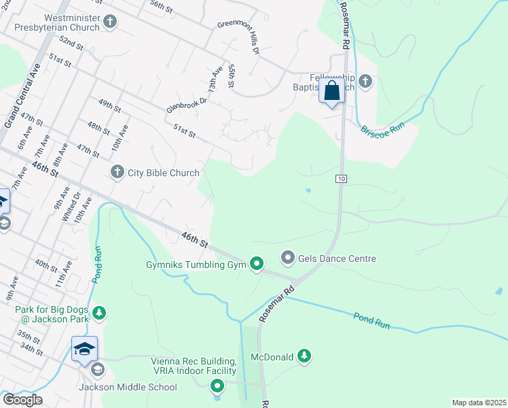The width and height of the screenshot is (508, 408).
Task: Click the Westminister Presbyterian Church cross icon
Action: pos(110,23)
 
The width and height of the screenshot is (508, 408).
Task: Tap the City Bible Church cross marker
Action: pos(117,172)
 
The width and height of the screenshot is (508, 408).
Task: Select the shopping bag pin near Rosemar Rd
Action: pos(332,91)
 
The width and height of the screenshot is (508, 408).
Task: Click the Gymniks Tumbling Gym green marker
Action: pos(256,264)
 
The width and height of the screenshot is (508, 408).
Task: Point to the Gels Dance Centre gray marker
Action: pos(287,258)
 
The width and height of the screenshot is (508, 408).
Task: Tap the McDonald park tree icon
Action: pos(305,356)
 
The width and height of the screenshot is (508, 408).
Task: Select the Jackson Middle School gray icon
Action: pos(96,370)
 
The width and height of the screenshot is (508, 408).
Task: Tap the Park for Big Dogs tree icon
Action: pos(100,313)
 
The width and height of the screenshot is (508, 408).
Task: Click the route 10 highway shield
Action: pos(341,178)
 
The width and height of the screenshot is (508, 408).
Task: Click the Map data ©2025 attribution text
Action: pos(478,403)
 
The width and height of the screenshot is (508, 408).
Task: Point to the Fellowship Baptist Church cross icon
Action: pos(365,82)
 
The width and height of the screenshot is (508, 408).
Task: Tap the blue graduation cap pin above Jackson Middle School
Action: pos(85,349)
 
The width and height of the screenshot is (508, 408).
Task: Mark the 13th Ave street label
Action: pos(215,80)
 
